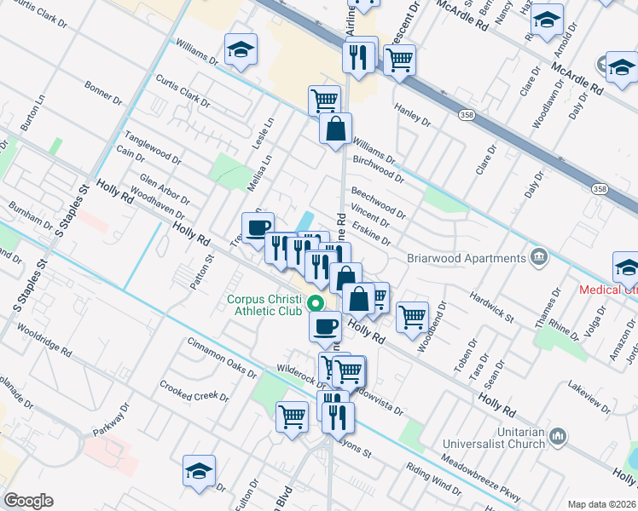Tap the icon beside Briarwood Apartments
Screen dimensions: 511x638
[x=539, y=256]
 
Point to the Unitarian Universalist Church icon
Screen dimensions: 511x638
[x=558, y=436]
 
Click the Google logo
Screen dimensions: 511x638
[x=29, y=500]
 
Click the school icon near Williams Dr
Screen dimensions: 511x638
[x=241, y=50]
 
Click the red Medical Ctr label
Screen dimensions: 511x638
[x=608, y=290]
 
